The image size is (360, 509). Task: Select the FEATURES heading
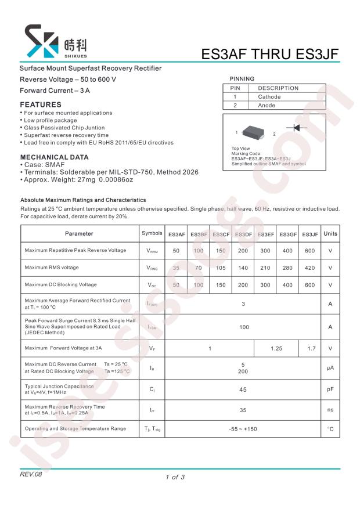pyautogui.click(x=41, y=104)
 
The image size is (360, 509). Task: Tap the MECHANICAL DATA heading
pyautogui.click(x=55, y=157)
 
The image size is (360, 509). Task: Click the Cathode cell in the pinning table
pyautogui.click(x=269, y=97)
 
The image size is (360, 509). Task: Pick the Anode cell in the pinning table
pyautogui.click(x=267, y=106)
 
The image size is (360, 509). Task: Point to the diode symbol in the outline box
pyautogui.click(x=297, y=128)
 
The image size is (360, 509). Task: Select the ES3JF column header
pyautogui.click(x=310, y=234)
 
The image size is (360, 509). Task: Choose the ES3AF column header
pyautogui.click(x=177, y=234)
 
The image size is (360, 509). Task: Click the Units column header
pyautogui.click(x=330, y=234)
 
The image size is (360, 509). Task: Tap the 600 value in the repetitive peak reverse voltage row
pyautogui.click(x=310, y=251)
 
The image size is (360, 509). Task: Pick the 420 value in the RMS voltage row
pyautogui.click(x=310, y=268)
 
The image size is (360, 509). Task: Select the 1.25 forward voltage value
pyautogui.click(x=276, y=349)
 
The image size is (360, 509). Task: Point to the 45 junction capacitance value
pyautogui.click(x=243, y=390)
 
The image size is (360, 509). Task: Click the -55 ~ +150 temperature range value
pyautogui.click(x=243, y=429)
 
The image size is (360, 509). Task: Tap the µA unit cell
pyautogui.click(x=330, y=368)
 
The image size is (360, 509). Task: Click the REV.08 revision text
pyautogui.click(x=31, y=475)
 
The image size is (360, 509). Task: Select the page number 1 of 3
pyautogui.click(x=175, y=478)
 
